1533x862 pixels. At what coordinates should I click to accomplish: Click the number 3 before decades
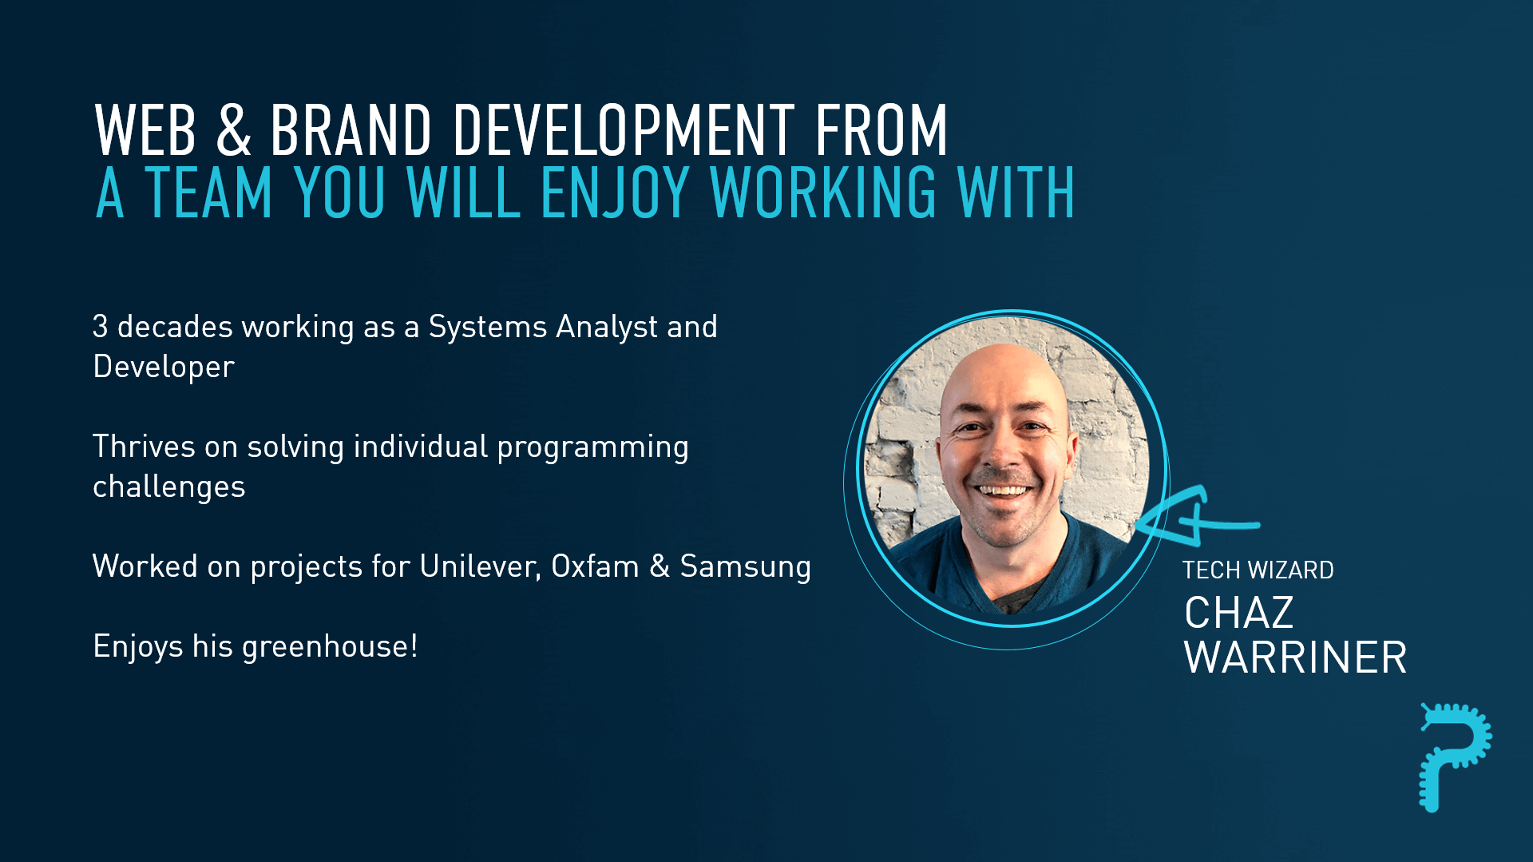point(100,326)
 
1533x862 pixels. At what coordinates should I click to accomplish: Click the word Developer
point(164,367)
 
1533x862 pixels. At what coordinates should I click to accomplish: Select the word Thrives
point(144,447)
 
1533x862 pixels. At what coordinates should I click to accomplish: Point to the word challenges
point(169,487)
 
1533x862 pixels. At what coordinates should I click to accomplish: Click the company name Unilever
point(481,566)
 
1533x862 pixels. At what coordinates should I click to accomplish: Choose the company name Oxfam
point(595,566)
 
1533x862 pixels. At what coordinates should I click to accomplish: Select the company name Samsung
point(745,567)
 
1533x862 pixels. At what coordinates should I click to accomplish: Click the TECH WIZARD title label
point(1258,570)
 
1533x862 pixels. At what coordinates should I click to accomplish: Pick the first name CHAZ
point(1238,614)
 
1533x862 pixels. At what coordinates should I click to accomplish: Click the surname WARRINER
point(1295,657)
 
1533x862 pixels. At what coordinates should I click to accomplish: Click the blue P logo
point(1454,756)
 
